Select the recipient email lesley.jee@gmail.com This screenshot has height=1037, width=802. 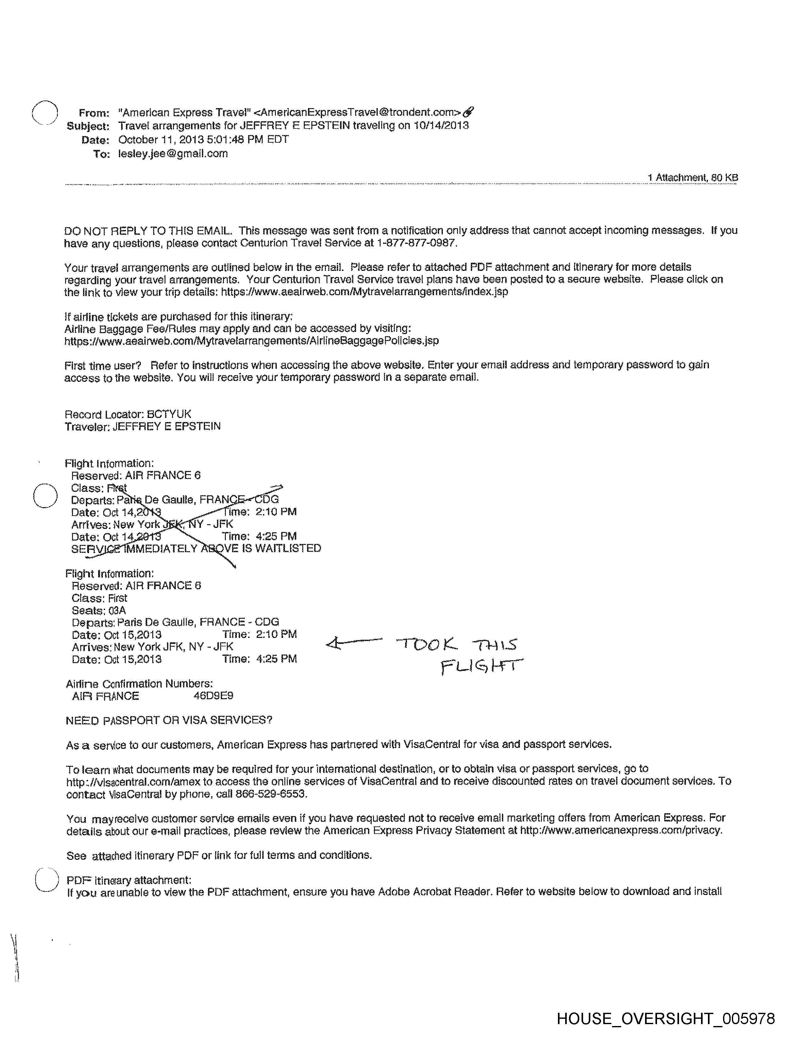pos(173,153)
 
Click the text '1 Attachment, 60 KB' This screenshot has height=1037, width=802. pos(692,178)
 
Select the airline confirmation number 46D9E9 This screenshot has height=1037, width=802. pos(213,696)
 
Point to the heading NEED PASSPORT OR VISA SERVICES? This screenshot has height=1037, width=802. pos(169,720)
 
